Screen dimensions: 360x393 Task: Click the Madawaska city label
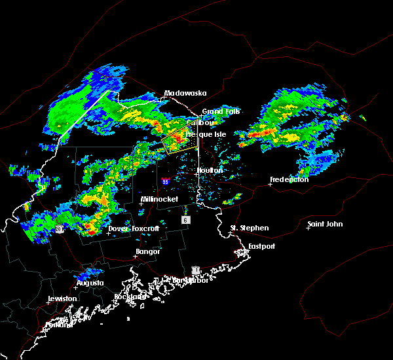point(181,93)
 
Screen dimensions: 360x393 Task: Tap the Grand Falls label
point(221,111)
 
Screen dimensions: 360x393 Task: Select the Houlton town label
point(210,170)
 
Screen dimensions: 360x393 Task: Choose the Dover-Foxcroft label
point(135,228)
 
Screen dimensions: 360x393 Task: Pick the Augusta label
point(90,283)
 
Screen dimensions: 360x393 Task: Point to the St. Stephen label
point(249,228)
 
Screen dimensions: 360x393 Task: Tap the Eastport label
point(261,246)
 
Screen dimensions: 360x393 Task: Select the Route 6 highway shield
point(186,220)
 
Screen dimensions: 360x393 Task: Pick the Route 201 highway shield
point(59,229)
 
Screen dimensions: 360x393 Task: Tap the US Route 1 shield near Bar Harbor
point(195,270)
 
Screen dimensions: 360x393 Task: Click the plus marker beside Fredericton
point(270,184)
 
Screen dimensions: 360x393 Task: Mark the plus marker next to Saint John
point(309,228)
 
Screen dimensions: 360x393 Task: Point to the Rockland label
point(130,297)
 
